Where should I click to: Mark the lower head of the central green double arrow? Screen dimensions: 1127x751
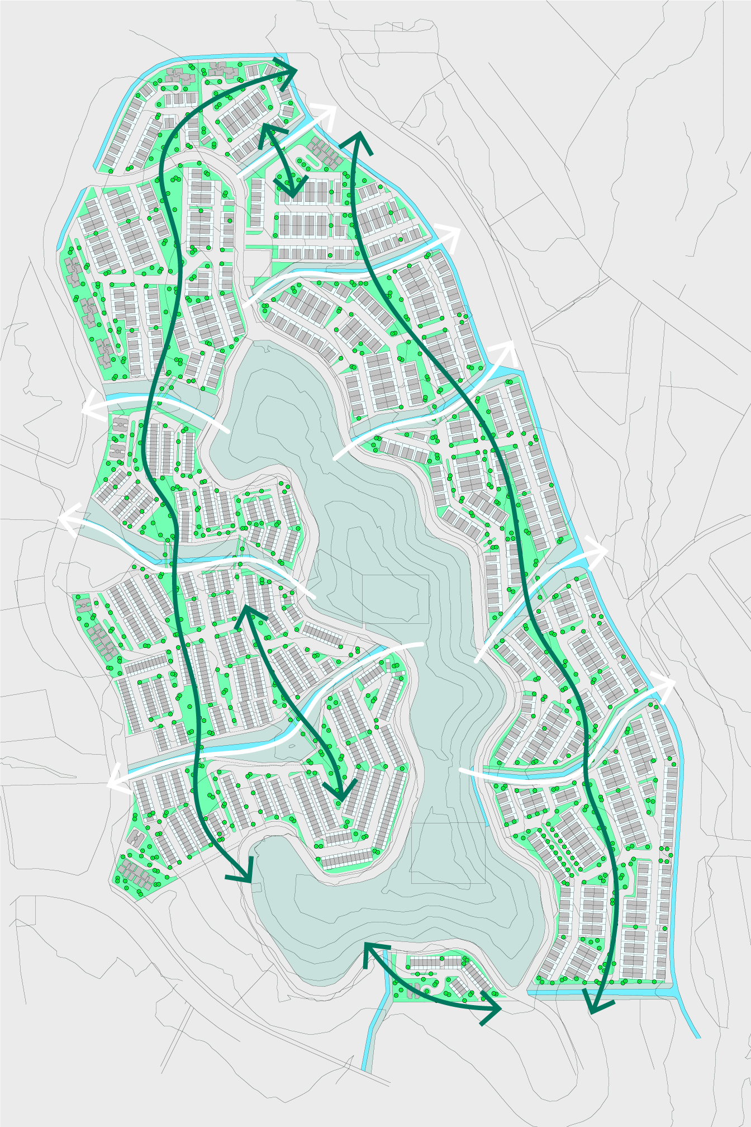point(341,796)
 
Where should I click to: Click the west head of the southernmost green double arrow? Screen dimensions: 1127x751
point(367,945)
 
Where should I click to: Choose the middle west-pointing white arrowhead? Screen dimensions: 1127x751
point(62,519)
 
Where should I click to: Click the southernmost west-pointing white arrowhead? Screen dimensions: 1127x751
point(110,784)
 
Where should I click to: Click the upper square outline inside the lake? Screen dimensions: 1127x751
point(396,599)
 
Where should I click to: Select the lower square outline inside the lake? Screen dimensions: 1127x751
point(448,853)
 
